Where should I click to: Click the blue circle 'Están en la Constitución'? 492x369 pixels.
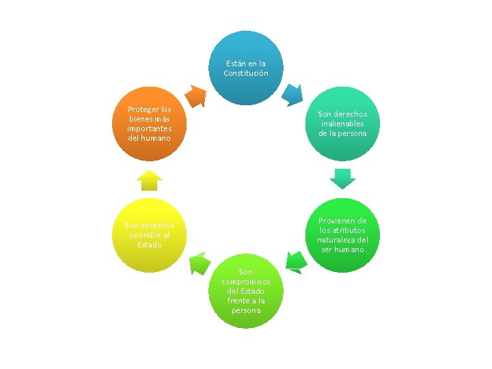tap(246, 68)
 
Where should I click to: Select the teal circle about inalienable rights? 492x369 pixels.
tap(342, 124)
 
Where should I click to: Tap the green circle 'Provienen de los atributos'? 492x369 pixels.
tap(342, 235)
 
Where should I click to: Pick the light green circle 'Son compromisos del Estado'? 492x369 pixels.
tap(246, 291)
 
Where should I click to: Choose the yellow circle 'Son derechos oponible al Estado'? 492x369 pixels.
tap(149, 235)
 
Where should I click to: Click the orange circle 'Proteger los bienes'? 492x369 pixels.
tap(149, 124)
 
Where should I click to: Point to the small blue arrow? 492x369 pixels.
tap(292, 94)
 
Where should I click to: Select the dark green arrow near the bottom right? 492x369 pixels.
tap(295, 261)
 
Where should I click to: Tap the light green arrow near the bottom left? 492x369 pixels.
tap(199, 263)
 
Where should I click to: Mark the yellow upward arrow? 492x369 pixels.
tap(149, 180)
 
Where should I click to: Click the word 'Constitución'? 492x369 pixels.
tap(246, 73)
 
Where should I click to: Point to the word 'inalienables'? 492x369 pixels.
tap(342, 124)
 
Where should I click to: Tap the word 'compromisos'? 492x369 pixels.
tap(246, 282)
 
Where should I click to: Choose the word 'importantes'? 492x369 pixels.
tap(149, 128)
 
